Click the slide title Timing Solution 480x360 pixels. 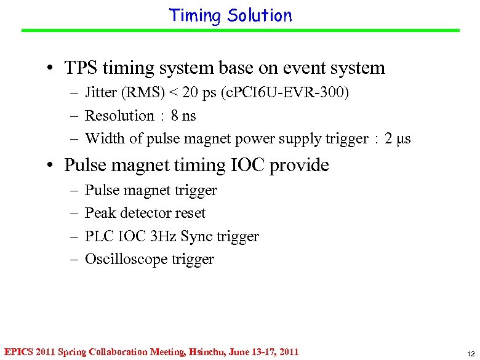point(231,15)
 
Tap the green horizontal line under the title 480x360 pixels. point(240,30)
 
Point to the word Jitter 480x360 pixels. point(101,93)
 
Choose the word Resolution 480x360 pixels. point(119,116)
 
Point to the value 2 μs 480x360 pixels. point(397,138)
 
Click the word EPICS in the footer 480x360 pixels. point(18,352)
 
